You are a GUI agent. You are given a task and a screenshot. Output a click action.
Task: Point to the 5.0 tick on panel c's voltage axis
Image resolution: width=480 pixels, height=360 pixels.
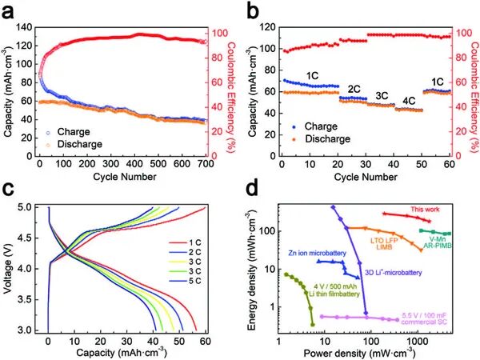coord(33,206)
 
